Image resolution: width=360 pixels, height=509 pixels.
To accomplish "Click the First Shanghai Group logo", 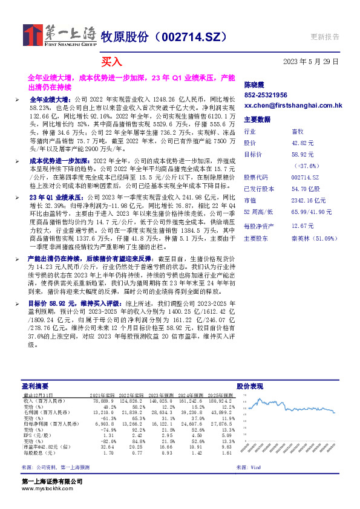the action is pos(60,36).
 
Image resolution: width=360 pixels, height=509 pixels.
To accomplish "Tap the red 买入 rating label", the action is pos(111,61).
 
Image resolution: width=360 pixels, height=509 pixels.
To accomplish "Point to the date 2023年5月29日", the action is pos(311,61).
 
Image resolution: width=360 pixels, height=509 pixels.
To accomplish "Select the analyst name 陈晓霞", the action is pos(254,85).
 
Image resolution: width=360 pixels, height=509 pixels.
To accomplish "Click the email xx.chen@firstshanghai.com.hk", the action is pos(293,105).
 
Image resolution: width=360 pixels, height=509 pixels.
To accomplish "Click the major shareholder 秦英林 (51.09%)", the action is pos(312,238).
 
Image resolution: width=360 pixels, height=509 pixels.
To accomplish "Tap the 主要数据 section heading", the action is pos(257,120).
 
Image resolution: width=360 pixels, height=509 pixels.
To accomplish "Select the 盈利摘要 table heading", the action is pos(34,385).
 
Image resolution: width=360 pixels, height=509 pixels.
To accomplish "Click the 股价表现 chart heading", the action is pos(249,385).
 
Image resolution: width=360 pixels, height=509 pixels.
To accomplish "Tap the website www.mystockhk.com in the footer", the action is pos(47,488).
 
